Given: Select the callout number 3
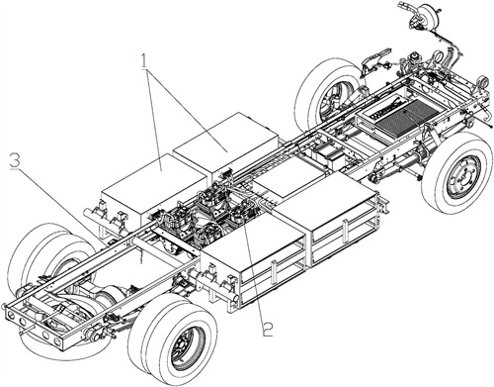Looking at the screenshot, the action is click(x=15, y=161).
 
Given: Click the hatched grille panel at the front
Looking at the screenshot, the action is click(x=408, y=117).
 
